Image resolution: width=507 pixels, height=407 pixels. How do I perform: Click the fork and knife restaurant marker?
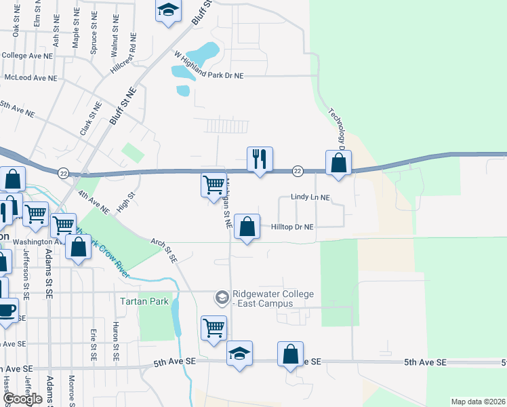point(260,159)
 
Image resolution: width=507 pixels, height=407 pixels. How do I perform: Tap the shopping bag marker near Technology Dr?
point(338,163)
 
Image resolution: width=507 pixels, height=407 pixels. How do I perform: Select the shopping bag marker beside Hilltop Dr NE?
point(247,227)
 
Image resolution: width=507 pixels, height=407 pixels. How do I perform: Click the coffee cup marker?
point(6,311)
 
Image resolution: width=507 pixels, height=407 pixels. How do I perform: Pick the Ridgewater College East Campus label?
point(273,298)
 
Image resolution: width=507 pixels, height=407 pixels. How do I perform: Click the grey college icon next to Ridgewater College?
point(222,297)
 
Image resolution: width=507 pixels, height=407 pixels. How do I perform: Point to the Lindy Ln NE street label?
point(310,197)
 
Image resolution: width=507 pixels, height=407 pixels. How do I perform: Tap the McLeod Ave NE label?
point(31,78)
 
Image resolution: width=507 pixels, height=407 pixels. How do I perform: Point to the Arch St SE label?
point(164,250)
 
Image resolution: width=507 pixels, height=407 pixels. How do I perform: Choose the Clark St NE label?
point(87,118)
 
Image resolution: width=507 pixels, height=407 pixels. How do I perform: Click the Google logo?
point(22,398)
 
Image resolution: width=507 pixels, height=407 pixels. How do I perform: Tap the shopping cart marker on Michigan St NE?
point(214,185)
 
